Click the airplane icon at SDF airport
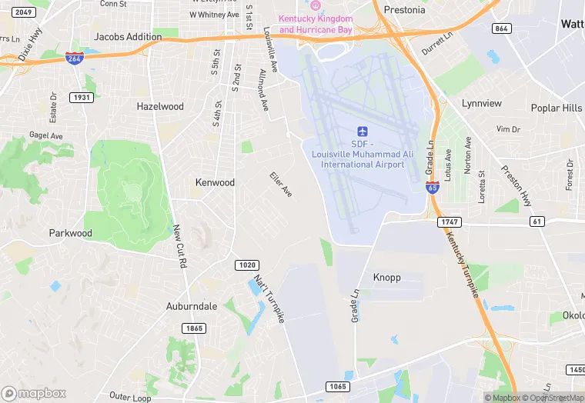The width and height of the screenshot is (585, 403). tap(363, 132)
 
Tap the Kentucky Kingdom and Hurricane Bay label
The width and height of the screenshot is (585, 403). tap(316, 24)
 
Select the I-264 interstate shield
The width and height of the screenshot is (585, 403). tap(75, 58)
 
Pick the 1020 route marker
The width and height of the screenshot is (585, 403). tap(247, 265)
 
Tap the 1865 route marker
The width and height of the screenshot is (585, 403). tap(194, 328)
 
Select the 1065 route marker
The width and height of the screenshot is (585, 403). tap(336, 386)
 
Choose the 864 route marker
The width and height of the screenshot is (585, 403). tap(501, 28)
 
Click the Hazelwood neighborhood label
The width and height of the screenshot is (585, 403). tap(160, 106)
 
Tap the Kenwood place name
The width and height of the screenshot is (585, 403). tap(215, 182)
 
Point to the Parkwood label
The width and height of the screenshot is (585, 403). tap(70, 233)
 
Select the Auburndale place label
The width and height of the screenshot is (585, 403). tap(192, 306)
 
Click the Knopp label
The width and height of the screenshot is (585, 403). tap(386, 277)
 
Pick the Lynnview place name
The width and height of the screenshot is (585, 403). tap(481, 103)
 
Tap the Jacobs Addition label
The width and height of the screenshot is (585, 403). tap(128, 36)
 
